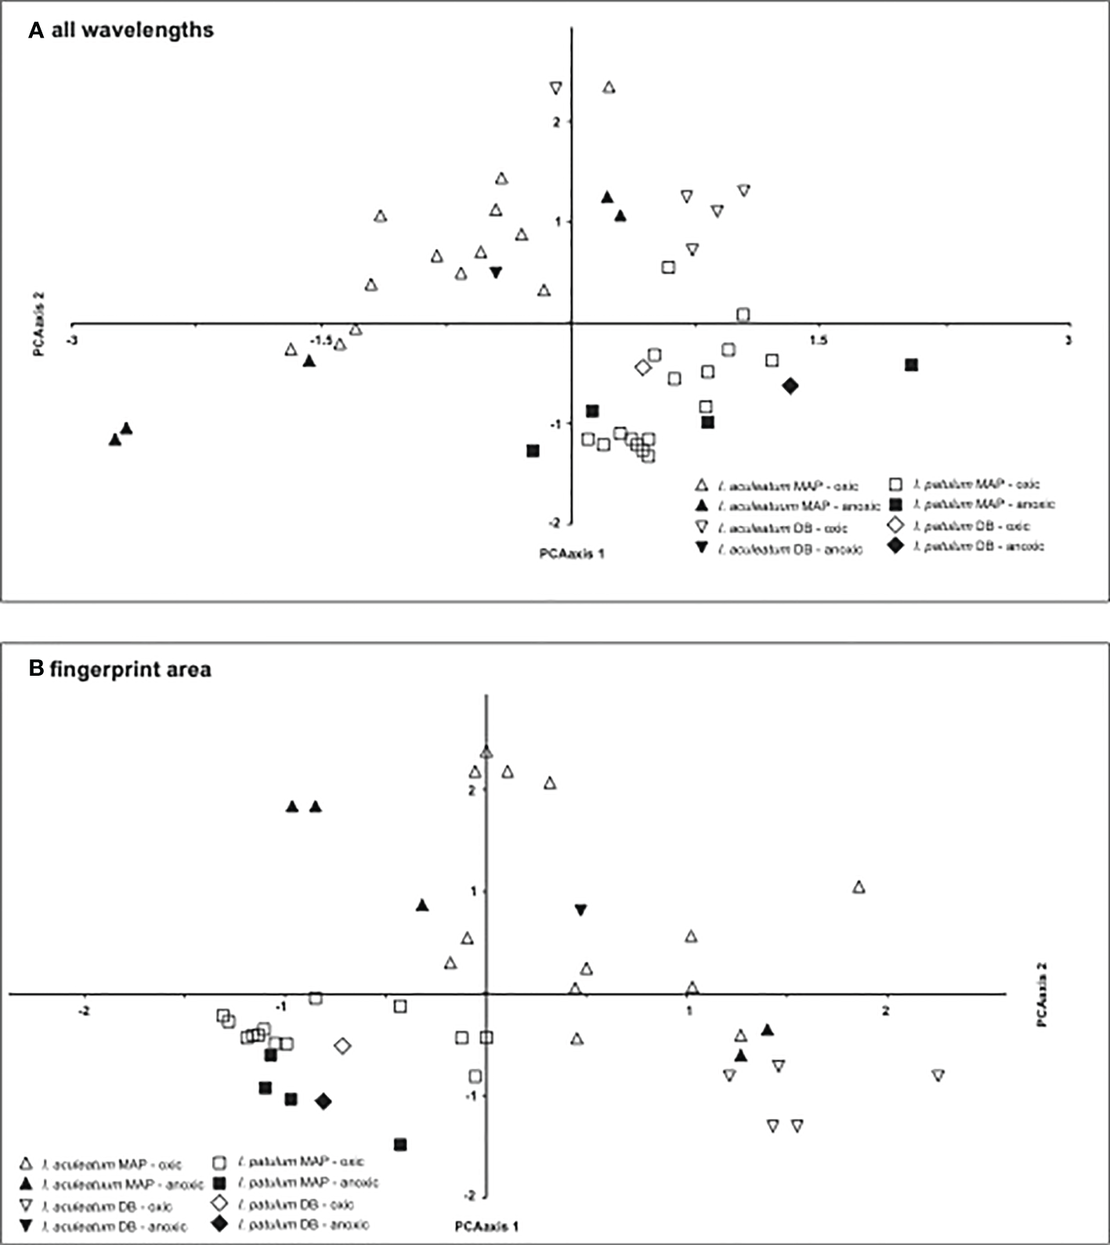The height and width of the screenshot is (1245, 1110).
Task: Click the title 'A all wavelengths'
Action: pyautogui.click(x=121, y=31)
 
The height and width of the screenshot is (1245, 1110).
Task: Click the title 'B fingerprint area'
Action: pyautogui.click(x=119, y=669)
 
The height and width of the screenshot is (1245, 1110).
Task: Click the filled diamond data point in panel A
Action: pyautogui.click(x=790, y=385)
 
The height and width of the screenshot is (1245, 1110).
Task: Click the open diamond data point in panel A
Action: pyautogui.click(x=642, y=367)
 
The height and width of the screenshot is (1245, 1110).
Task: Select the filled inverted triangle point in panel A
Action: pyautogui.click(x=496, y=272)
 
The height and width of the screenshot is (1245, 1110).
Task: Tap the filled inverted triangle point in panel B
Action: pyautogui.click(x=580, y=910)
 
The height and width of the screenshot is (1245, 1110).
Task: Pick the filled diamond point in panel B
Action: pyautogui.click(x=324, y=1102)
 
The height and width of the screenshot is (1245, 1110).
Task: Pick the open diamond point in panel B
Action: pyautogui.click(x=342, y=1046)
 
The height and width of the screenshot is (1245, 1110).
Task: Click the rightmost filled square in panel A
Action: pyautogui.click(x=911, y=365)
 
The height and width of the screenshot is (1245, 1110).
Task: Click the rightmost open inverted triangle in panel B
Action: pyautogui.click(x=938, y=1076)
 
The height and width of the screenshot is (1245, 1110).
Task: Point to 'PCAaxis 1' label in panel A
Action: pyautogui.click(x=572, y=554)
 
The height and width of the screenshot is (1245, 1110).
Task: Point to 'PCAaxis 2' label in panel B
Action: pyautogui.click(x=1041, y=994)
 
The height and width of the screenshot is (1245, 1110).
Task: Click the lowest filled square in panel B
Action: pyautogui.click(x=400, y=1145)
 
